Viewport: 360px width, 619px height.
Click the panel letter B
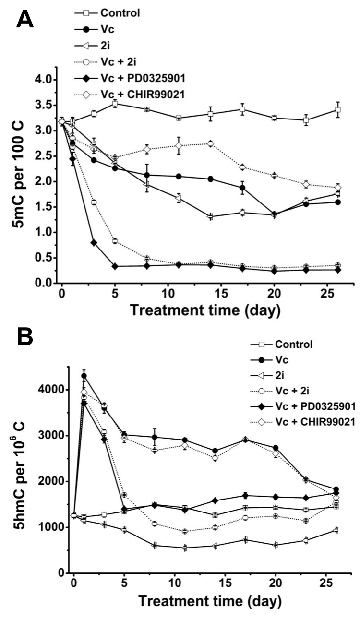25,337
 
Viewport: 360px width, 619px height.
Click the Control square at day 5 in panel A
115,103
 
